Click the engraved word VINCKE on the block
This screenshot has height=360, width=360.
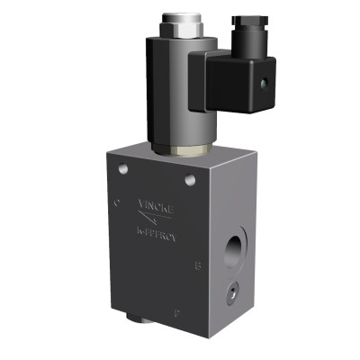click(154, 204)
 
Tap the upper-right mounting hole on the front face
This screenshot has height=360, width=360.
click(189, 182)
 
